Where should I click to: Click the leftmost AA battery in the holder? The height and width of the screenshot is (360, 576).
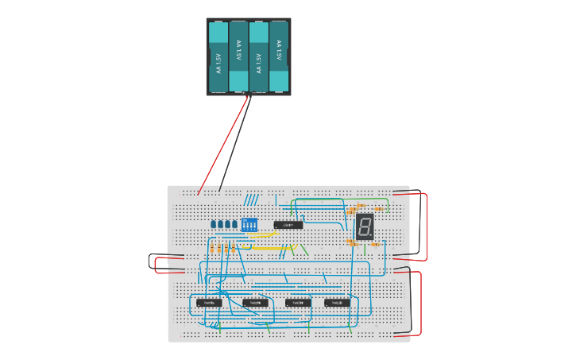pos(218,56)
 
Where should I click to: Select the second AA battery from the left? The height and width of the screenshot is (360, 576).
pos(238,56)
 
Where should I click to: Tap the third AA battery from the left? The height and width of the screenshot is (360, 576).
pos(259,56)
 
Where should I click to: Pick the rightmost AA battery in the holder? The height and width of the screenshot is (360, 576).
pos(279,56)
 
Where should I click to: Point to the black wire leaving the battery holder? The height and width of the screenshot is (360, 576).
pos(236,143)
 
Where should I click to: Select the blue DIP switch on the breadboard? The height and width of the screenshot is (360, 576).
pos(249,225)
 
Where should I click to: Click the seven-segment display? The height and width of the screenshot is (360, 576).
pos(364,226)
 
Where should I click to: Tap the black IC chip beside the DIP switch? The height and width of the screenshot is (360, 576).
pos(288,225)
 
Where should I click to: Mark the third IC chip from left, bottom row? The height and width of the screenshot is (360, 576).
pos(298,302)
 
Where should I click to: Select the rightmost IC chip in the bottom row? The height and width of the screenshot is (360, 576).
pos(337,302)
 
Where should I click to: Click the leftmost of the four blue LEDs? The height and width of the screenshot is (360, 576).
pos(214,224)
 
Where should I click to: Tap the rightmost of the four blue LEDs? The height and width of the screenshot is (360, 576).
pos(234,224)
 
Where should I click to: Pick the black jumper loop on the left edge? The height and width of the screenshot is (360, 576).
pos(150,260)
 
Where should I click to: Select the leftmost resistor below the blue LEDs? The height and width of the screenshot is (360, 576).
pos(212,249)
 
